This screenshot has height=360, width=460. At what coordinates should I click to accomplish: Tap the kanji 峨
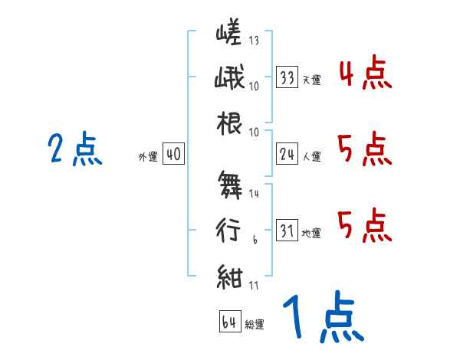[229, 78]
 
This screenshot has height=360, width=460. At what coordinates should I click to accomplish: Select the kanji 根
[230, 123]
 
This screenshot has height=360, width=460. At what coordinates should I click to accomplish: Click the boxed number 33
[287, 77]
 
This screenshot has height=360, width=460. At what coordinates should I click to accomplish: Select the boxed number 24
[287, 155]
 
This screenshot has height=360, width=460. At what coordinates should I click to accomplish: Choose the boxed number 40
[173, 155]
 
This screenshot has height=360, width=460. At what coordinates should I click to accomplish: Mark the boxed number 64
[228, 322]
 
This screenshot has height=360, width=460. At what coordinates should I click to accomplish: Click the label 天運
[311, 80]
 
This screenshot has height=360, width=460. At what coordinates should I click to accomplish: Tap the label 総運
[254, 324]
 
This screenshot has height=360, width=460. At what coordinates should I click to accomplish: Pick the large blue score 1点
[322, 318]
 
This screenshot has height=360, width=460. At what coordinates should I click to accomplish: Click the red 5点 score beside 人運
[364, 149]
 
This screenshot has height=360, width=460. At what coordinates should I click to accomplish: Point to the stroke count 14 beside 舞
[255, 195]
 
